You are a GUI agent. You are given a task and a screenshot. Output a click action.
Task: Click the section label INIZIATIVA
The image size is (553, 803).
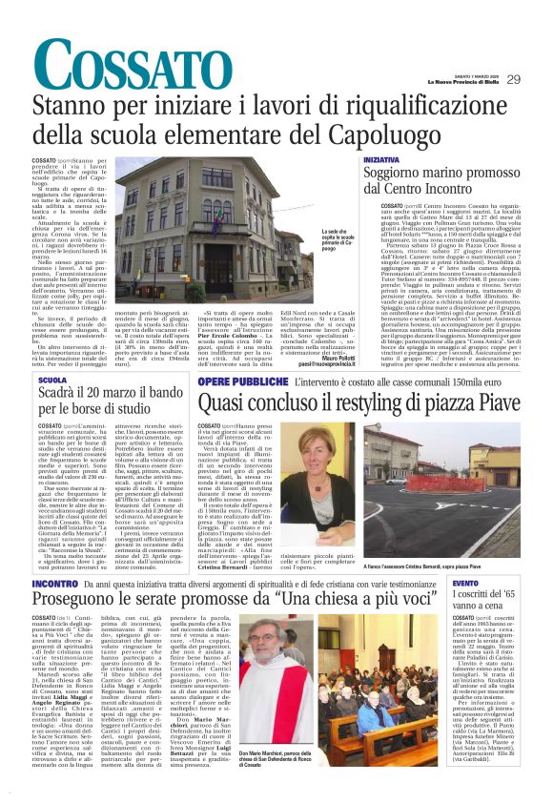[380, 160]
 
